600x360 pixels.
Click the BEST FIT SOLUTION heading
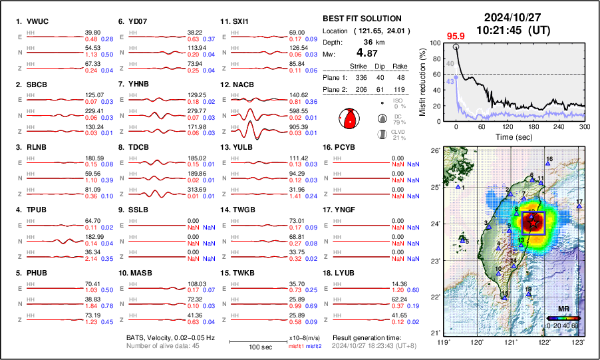361,19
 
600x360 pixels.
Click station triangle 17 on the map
579,207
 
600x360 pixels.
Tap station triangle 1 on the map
458,187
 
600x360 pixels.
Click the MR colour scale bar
563,318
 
